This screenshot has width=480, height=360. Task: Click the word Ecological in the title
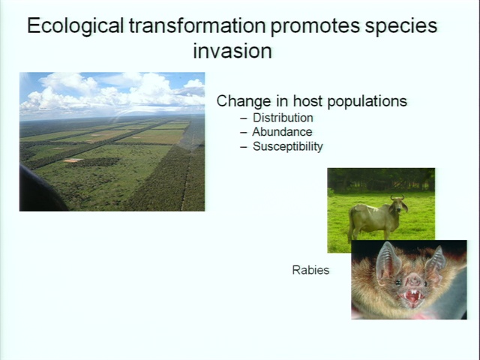point(76,26)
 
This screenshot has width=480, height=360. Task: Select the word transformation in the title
point(197,25)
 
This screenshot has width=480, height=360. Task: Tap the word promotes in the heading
point(315,27)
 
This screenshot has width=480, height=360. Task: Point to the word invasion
point(232,51)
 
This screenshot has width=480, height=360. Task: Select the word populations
point(367,102)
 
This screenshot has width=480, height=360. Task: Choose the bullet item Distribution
point(283,118)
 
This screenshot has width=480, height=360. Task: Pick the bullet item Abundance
point(282,132)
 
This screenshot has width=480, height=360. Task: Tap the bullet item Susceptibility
point(288,147)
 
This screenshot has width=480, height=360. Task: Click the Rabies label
point(310,270)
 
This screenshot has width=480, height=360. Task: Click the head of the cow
point(398,204)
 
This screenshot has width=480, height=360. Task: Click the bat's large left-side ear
point(386,262)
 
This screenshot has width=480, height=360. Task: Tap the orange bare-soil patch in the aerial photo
point(73,160)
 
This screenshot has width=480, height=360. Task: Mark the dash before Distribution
point(244,118)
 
